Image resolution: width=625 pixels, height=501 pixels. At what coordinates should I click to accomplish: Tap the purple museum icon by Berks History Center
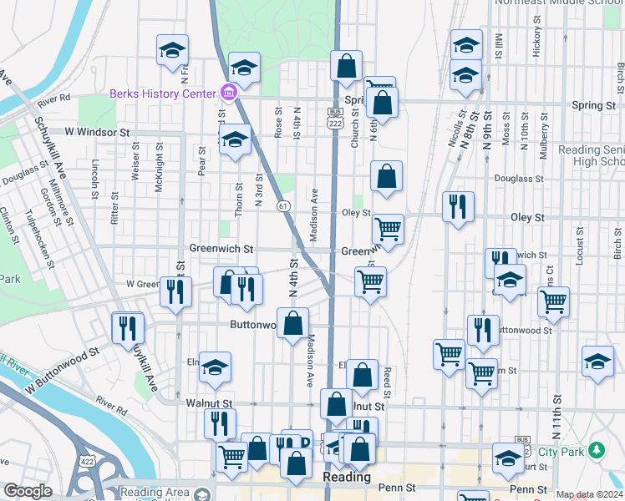pyautogui.click(x=228, y=93)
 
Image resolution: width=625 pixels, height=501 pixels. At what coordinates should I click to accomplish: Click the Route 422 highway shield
pyautogui.click(x=86, y=460)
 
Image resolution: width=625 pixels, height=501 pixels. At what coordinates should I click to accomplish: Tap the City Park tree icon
pyautogui.click(x=597, y=451)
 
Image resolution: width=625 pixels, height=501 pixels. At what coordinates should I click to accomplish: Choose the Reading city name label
pyautogui.click(x=347, y=477)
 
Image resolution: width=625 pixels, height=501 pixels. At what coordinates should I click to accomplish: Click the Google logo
pyautogui.click(x=28, y=491)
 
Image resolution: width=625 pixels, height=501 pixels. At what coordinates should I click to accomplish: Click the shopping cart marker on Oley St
pyautogui.click(x=388, y=228)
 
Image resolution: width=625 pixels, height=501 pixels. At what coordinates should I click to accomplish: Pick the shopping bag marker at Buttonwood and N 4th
pyautogui.click(x=293, y=323)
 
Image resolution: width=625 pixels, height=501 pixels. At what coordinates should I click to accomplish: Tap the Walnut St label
pyautogui.click(x=203, y=402)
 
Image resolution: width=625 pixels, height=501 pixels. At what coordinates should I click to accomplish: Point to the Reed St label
pyautogui.click(x=387, y=382)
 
